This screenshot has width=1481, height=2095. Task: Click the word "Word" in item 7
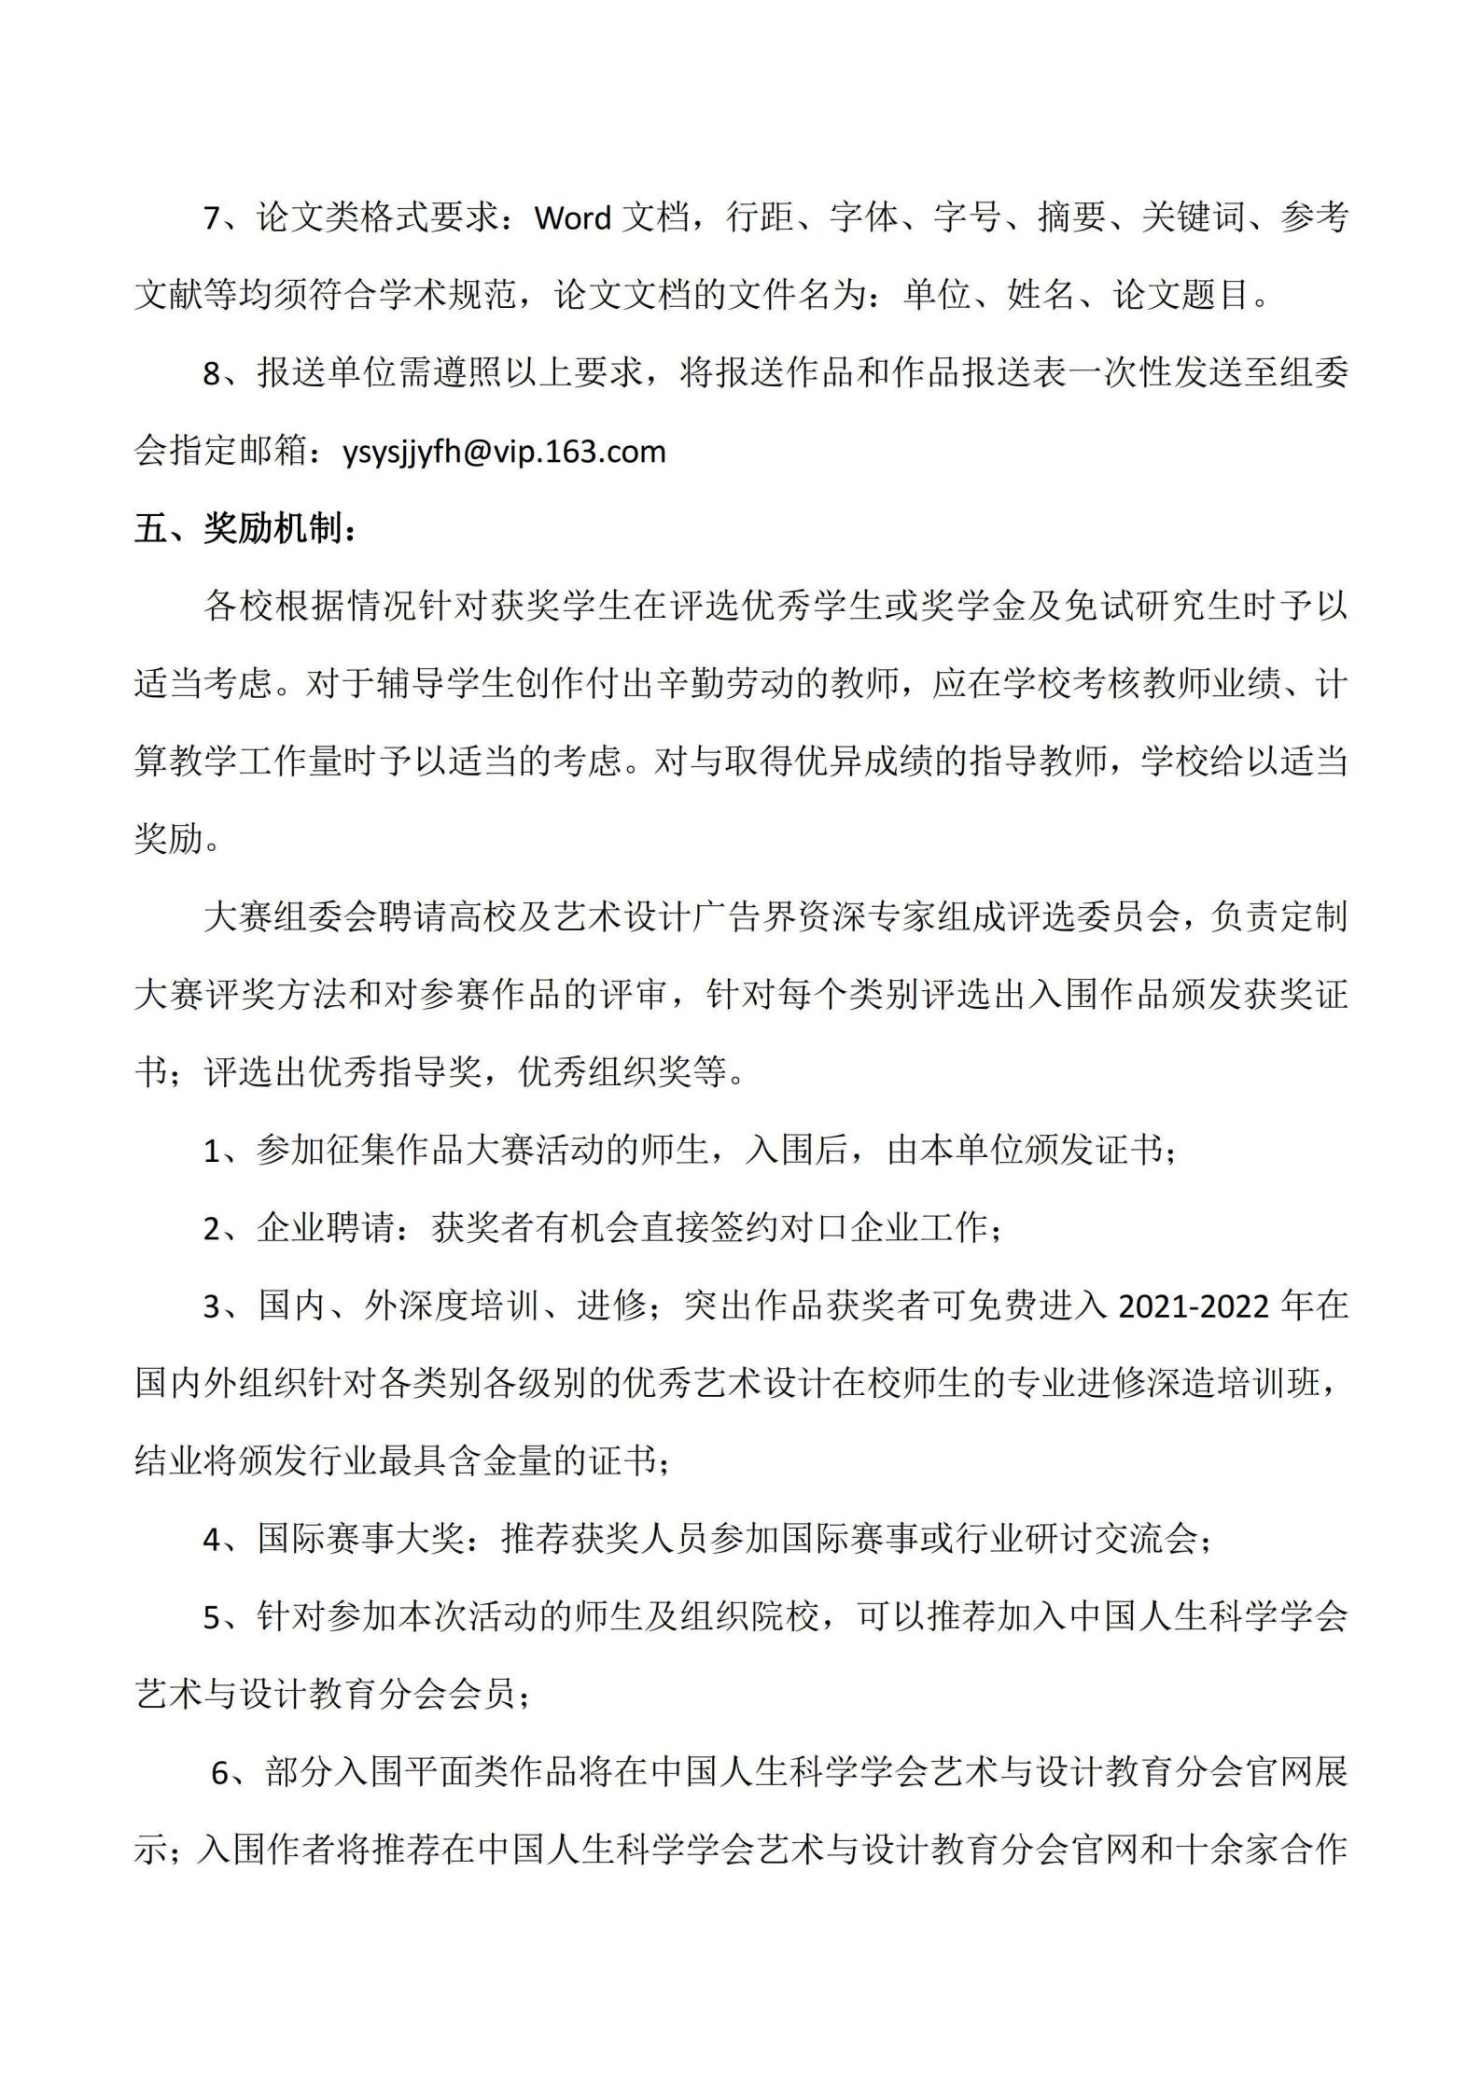[572, 218]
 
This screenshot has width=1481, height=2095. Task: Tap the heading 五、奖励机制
[245, 529]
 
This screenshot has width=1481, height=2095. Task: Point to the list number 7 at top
[213, 219]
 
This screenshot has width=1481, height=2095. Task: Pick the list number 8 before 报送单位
[213, 374]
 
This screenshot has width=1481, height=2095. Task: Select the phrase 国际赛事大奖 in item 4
[361, 1539]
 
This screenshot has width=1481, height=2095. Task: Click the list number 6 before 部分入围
[221, 1772]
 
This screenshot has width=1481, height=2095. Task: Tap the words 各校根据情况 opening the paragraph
[308, 608]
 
